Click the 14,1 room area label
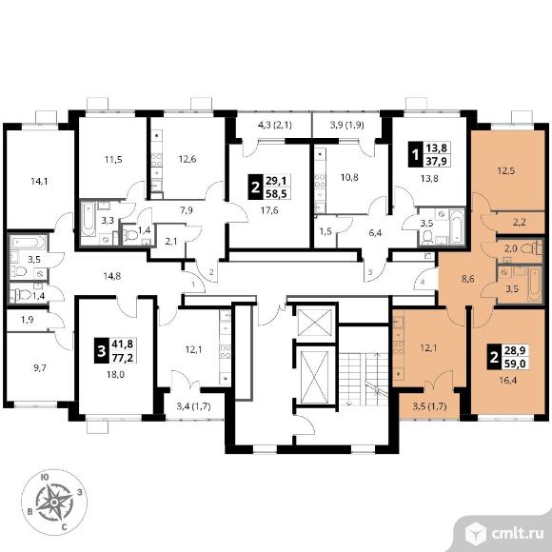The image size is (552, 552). [39, 182]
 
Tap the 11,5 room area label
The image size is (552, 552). [113, 160]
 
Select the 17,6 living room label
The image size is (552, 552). [269, 210]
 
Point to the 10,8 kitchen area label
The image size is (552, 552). [349, 177]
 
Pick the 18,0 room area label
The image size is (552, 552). [116, 375]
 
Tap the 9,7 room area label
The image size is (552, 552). [40, 368]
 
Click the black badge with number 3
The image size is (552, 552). [102, 350]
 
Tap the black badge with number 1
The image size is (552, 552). [416, 154]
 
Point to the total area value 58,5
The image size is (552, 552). [276, 193]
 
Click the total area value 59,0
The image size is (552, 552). [516, 363]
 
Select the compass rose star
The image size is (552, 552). [54, 502]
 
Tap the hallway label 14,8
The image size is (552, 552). [112, 276]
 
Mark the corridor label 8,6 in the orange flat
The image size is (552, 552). [468, 279]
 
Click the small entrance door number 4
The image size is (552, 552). [423, 282]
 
